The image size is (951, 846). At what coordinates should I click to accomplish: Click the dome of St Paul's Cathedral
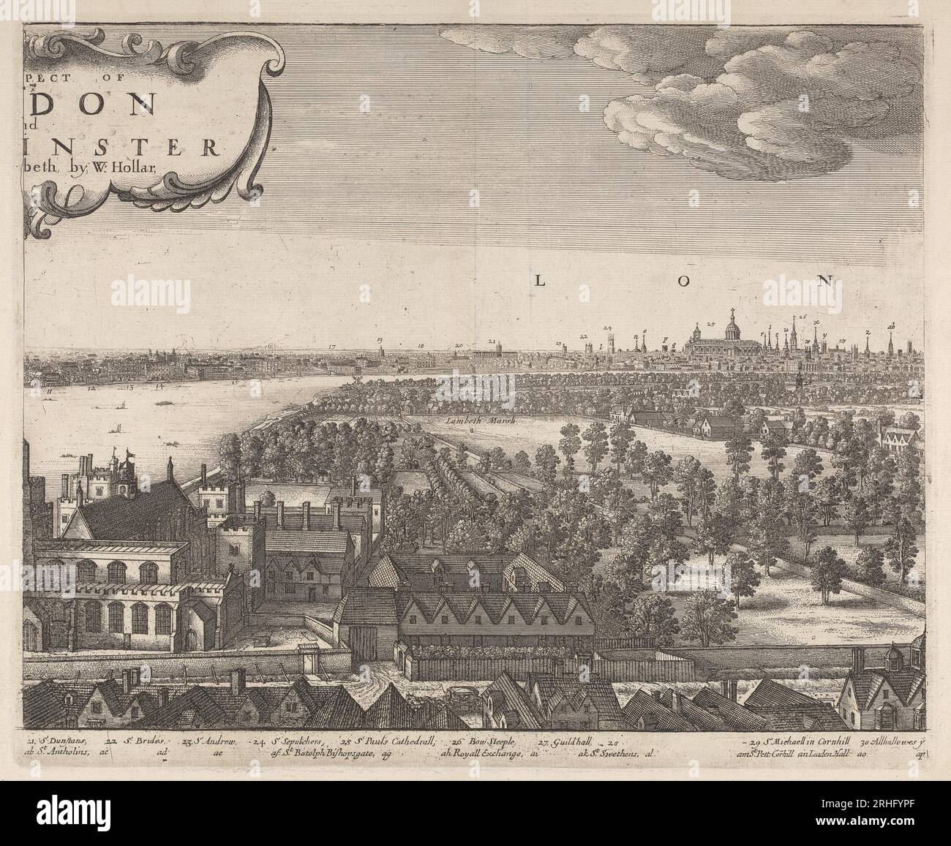tap(729, 327)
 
